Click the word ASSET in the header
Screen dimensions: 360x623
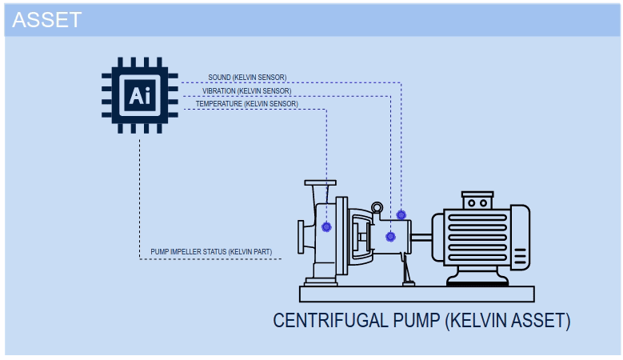tap(47, 20)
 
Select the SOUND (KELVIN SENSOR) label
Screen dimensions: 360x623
tap(247, 78)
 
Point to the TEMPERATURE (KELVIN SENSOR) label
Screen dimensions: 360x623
tap(246, 104)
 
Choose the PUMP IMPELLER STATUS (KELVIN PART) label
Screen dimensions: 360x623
tap(210, 252)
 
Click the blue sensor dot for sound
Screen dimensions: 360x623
tap(401, 215)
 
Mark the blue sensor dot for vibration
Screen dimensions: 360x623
tap(390, 236)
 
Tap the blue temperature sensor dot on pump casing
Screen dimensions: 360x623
tap(326, 227)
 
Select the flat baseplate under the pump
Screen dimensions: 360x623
tap(416, 293)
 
